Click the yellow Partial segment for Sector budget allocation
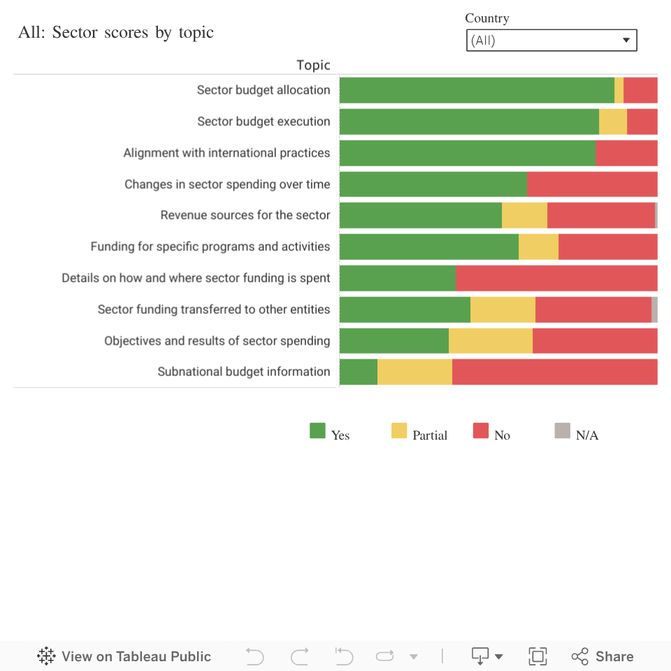pyautogui.click(x=619, y=90)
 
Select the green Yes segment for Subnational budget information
pyautogui.click(x=359, y=372)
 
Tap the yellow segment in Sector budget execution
pyautogui.click(x=613, y=122)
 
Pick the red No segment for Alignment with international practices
pyautogui.click(x=626, y=153)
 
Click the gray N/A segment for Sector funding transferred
pyautogui.click(x=654, y=310)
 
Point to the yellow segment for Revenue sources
pyautogui.click(x=524, y=215)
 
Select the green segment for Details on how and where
pyautogui.click(x=397, y=278)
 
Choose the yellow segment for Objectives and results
pyautogui.click(x=490, y=341)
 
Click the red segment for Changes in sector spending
pyautogui.click(x=591, y=185)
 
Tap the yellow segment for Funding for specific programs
pyautogui.click(x=538, y=247)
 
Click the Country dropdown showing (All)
pyautogui.click(x=551, y=41)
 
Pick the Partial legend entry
pyautogui.click(x=419, y=433)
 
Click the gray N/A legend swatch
pyautogui.click(x=563, y=431)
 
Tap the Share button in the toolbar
pyautogui.click(x=603, y=656)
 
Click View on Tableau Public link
pyautogui.click(x=124, y=656)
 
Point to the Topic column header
pyautogui.click(x=313, y=65)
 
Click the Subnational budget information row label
pyautogui.click(x=244, y=372)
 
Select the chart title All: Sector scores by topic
pyautogui.click(x=116, y=32)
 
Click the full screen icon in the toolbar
pyautogui.click(x=537, y=656)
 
